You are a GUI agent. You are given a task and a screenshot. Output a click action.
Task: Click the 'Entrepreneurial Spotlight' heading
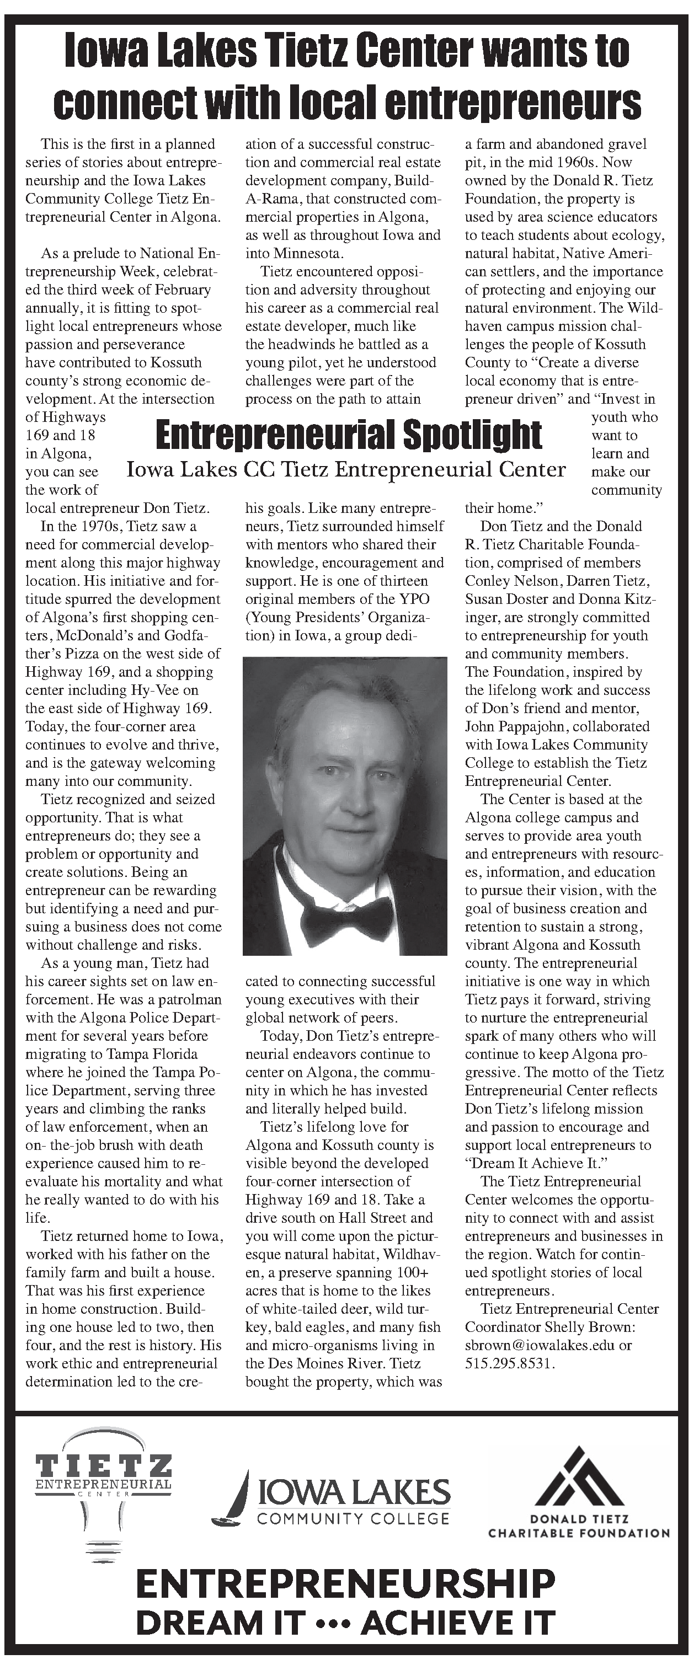coord(349,435)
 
